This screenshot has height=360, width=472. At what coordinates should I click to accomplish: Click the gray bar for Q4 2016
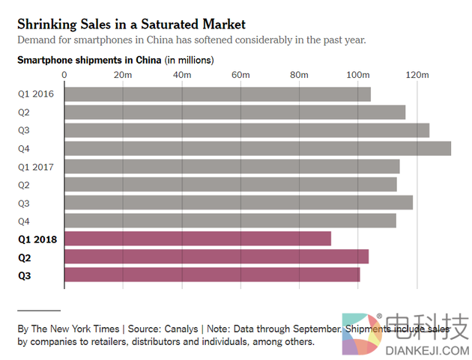click(258, 148)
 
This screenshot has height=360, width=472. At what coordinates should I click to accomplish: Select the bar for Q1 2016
click(217, 94)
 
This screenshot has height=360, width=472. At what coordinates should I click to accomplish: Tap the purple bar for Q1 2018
click(198, 239)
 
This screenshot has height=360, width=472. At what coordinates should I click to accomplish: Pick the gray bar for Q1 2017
click(232, 166)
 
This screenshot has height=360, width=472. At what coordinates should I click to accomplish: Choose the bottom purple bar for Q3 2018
click(212, 275)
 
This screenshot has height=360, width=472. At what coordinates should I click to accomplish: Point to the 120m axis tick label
click(417, 75)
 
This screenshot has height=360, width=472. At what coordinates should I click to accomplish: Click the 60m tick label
click(240, 75)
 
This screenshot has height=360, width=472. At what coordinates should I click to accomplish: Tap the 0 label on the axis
click(64, 75)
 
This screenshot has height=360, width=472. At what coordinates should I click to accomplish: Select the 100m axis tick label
click(358, 75)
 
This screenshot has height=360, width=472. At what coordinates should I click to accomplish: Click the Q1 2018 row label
click(36, 239)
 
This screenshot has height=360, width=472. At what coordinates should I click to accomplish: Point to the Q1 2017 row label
click(36, 166)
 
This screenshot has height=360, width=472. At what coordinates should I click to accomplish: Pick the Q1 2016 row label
click(36, 94)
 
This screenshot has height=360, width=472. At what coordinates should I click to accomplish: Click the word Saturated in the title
click(154, 25)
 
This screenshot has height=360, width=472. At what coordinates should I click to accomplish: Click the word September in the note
click(318, 329)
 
